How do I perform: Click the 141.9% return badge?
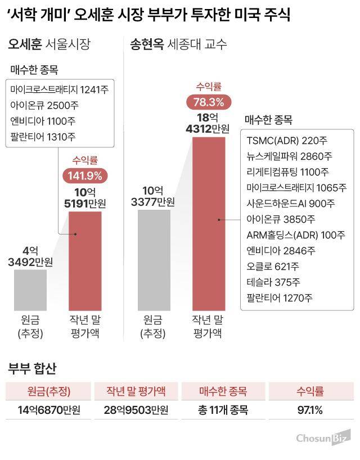click(85, 175)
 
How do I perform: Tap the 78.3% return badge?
click(209, 102)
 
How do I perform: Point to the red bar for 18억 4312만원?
click(209, 223)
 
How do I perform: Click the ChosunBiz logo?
click(323, 437)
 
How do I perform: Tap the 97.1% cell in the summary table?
click(310, 410)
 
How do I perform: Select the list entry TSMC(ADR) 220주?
click(280, 140)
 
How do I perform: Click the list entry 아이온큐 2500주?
click(43, 105)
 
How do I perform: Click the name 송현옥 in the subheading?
click(147, 45)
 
